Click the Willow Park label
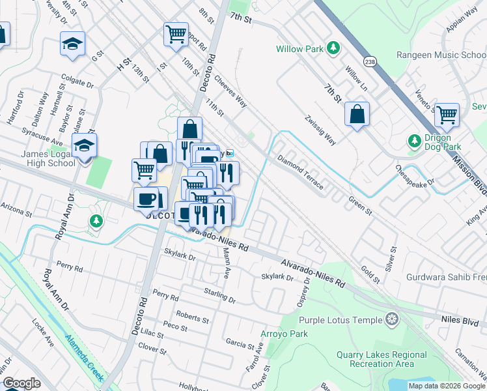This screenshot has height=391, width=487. click(x=298, y=49)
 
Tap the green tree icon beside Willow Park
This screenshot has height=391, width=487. click(x=333, y=48)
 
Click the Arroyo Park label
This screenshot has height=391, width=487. click(x=285, y=334)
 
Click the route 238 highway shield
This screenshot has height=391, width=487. click(x=370, y=62)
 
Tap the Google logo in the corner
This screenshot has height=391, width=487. click(x=21, y=383)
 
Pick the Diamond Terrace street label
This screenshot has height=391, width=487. click(x=300, y=172)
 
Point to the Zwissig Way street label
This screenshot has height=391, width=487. click(x=320, y=130)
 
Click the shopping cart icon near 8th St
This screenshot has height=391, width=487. click(x=176, y=34)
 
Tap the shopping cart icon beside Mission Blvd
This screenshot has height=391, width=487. click(x=447, y=115)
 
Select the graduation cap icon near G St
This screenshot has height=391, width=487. click(x=73, y=44)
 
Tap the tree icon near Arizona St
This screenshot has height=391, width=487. click(x=96, y=222)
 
